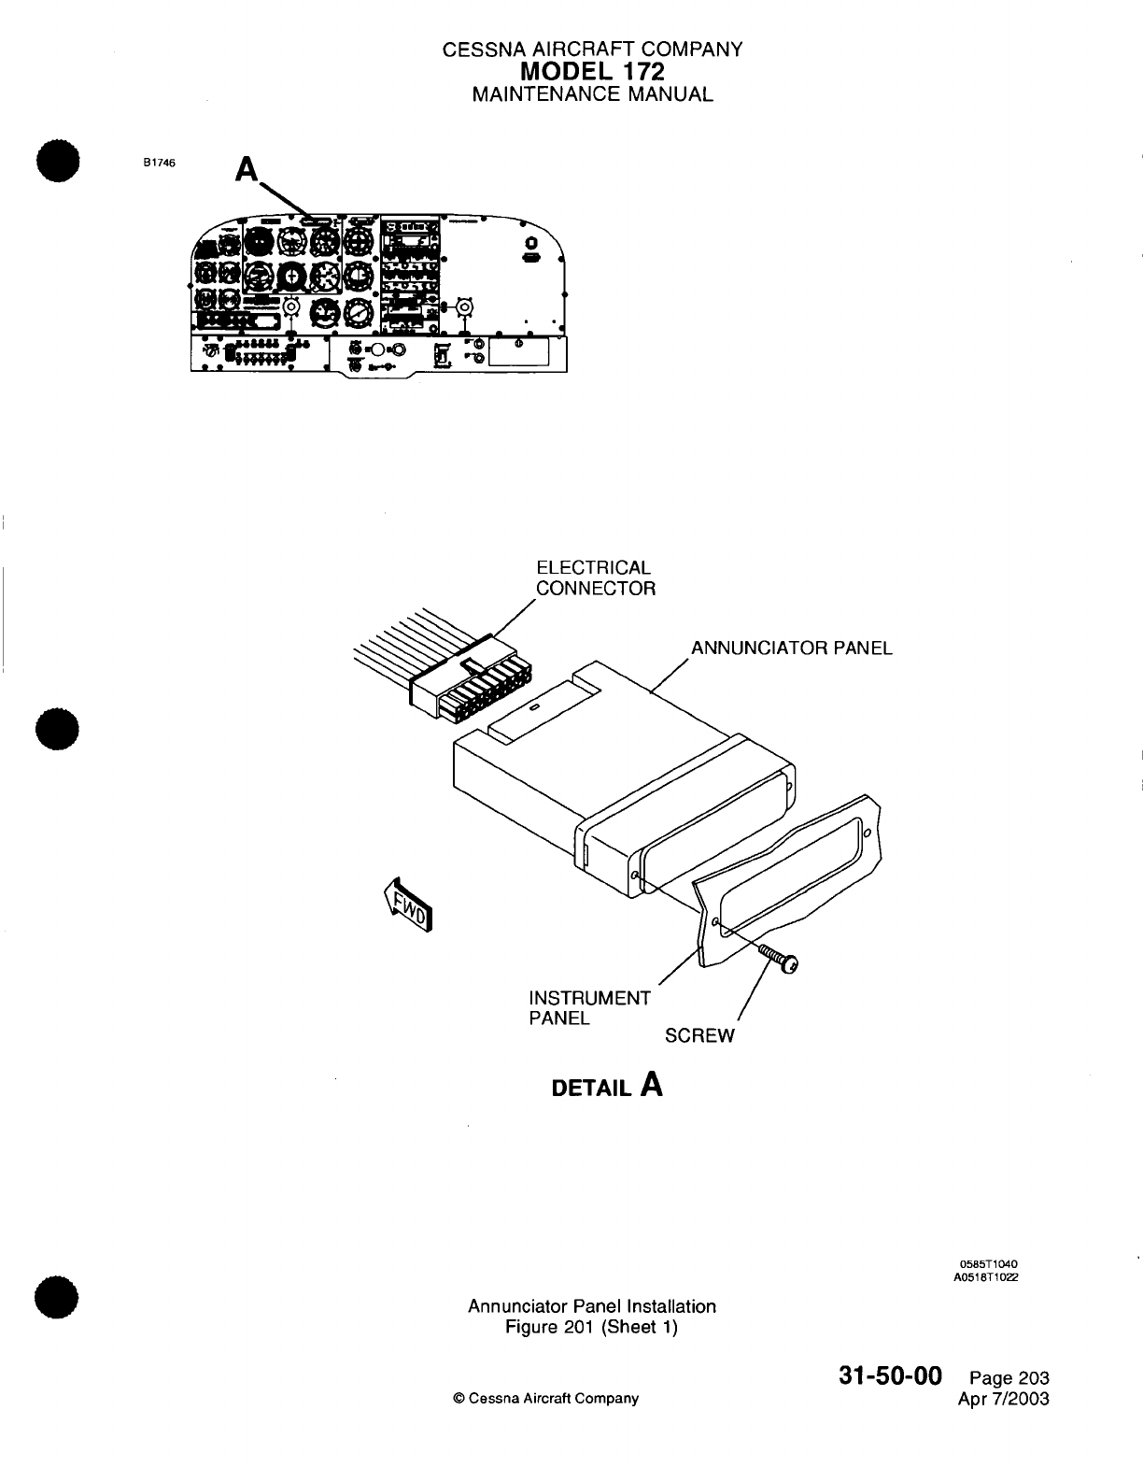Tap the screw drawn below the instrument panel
pyautogui.click(x=780, y=958)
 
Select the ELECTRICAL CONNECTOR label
pyautogui.click(x=594, y=578)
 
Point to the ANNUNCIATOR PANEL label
pyautogui.click(x=791, y=648)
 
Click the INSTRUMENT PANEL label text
pyautogui.click(x=588, y=1007)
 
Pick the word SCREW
pyautogui.click(x=699, y=1035)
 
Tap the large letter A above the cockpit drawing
pyautogui.click(x=247, y=169)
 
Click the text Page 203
pyautogui.click(x=1009, y=1377)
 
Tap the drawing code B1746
pyautogui.click(x=158, y=162)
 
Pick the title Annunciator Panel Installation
pyautogui.click(x=591, y=1306)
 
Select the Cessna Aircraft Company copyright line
pyautogui.click(x=545, y=1399)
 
